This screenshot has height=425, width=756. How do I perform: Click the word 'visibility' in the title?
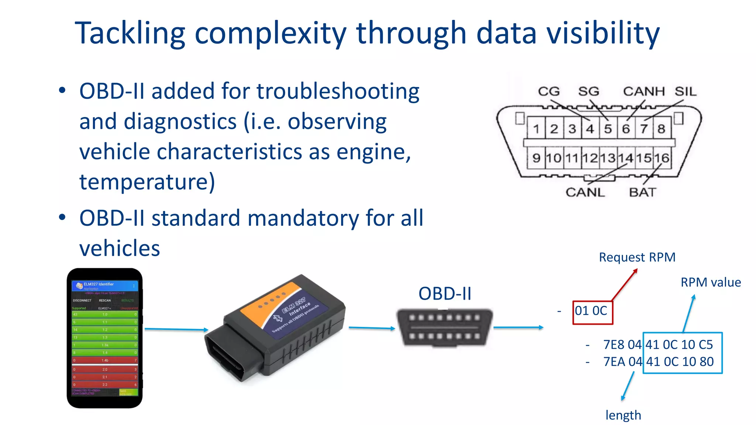(603, 33)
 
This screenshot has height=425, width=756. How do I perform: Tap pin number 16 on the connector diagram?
(662, 158)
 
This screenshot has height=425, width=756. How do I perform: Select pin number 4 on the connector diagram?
(590, 129)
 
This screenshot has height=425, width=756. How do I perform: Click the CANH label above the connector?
(644, 91)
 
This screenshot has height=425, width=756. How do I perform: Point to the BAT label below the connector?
(643, 192)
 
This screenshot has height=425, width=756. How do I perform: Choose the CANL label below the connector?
(585, 192)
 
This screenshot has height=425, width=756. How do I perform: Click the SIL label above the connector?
(685, 91)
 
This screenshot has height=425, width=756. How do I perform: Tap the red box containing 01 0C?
(592, 312)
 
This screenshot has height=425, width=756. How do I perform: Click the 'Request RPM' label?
(637, 257)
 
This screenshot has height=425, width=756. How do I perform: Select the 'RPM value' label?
(711, 282)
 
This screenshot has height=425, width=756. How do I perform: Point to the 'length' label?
(623, 415)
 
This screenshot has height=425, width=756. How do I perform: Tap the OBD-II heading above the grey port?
(445, 294)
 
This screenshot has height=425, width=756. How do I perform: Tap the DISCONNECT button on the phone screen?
(82, 300)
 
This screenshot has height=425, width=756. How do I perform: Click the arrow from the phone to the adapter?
(176, 329)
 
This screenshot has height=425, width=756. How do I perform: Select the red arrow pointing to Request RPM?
(625, 284)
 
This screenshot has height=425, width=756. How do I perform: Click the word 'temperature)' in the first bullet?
(147, 182)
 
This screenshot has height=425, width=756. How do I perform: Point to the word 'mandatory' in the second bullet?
(303, 218)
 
